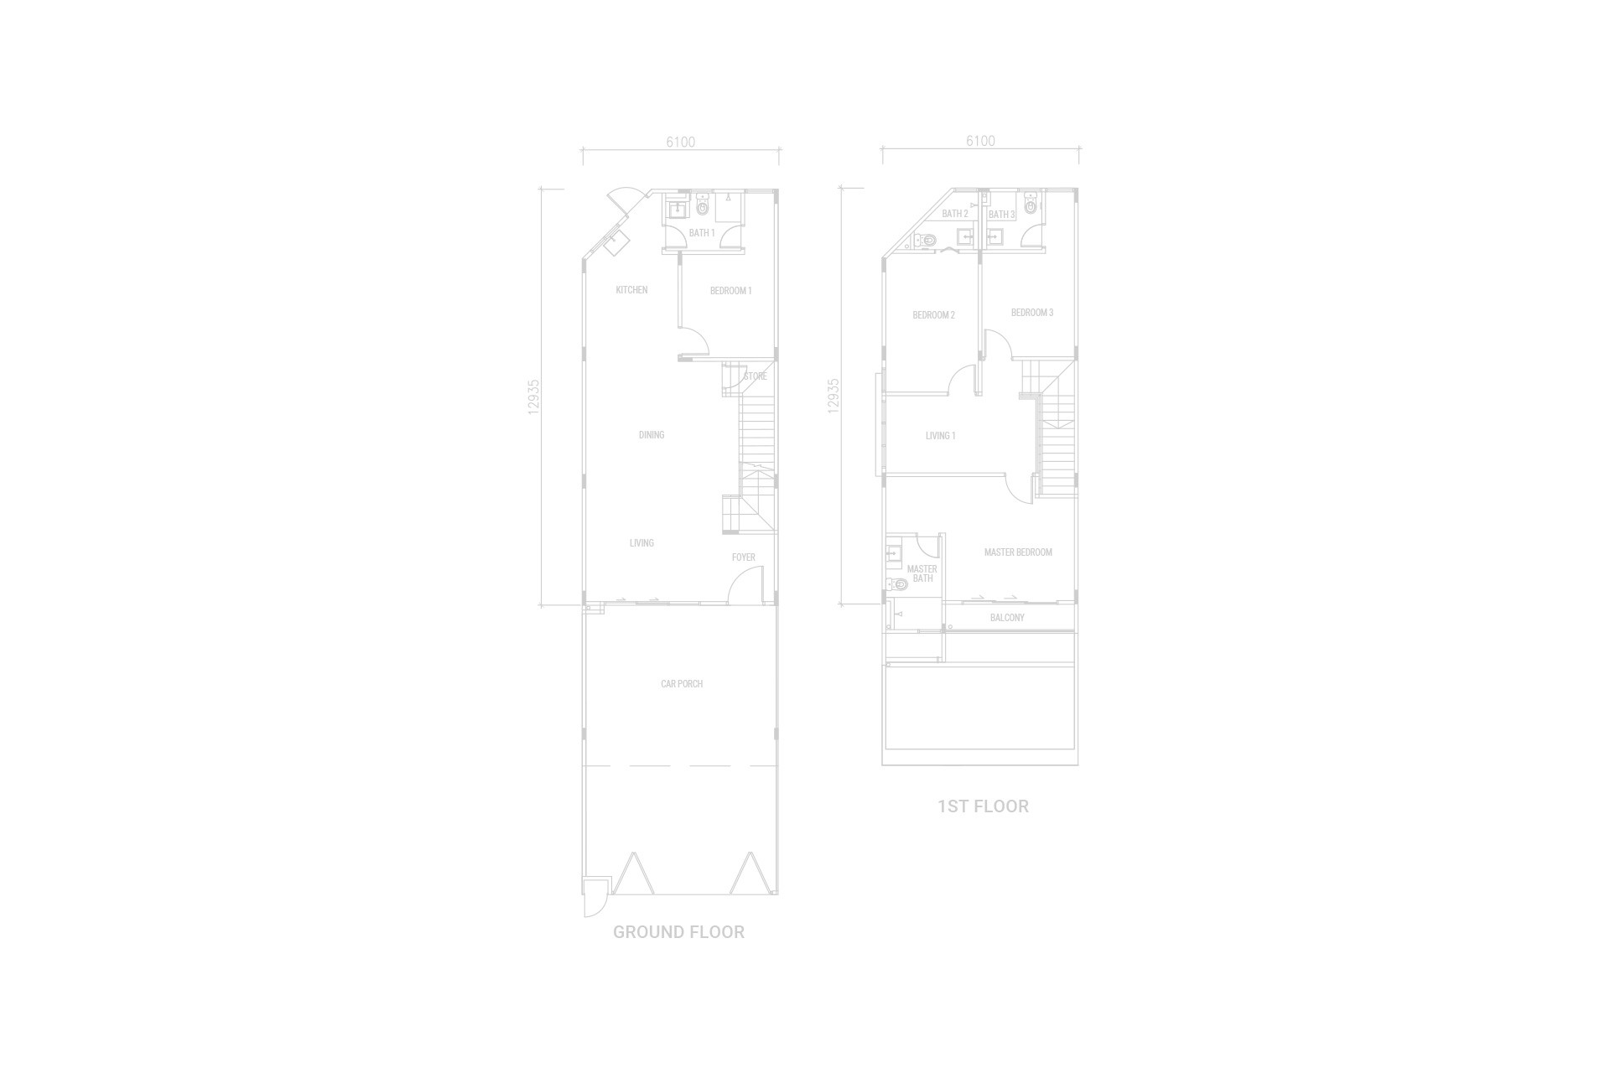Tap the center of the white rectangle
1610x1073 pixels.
coord(1234,966)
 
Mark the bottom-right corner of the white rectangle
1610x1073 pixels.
coord(1608,1071)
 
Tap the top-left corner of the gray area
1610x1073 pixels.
coord(1,1)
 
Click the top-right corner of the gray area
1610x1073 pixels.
coord(1608,1)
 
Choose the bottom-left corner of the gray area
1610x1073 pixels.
coord(1,1071)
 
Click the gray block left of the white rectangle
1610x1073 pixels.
coord(429,966)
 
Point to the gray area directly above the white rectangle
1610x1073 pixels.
coord(1234,429)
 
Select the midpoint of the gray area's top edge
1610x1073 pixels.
coord(805,1)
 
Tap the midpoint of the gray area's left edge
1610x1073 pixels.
coord(1,536)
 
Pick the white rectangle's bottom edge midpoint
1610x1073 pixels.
coord(1234,1071)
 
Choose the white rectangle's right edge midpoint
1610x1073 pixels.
coord(1608,966)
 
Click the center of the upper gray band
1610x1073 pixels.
coord(805,429)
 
